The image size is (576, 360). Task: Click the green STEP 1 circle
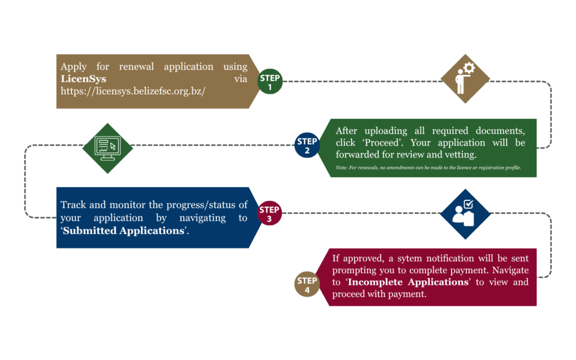pos(270,82)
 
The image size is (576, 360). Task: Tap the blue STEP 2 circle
pos(307,146)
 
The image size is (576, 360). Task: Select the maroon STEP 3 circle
pos(269,214)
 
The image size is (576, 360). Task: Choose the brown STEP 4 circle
pos(307,285)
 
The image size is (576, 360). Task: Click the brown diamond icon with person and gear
pos(465,79)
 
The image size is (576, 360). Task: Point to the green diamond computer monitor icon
pos(107,148)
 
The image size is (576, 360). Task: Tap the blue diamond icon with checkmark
pos(465,214)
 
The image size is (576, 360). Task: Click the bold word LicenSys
pos(83,79)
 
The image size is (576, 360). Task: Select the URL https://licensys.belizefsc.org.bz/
pos(133,91)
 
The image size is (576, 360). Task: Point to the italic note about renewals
pos(428,168)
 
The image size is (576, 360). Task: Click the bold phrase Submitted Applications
pos(124,231)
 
